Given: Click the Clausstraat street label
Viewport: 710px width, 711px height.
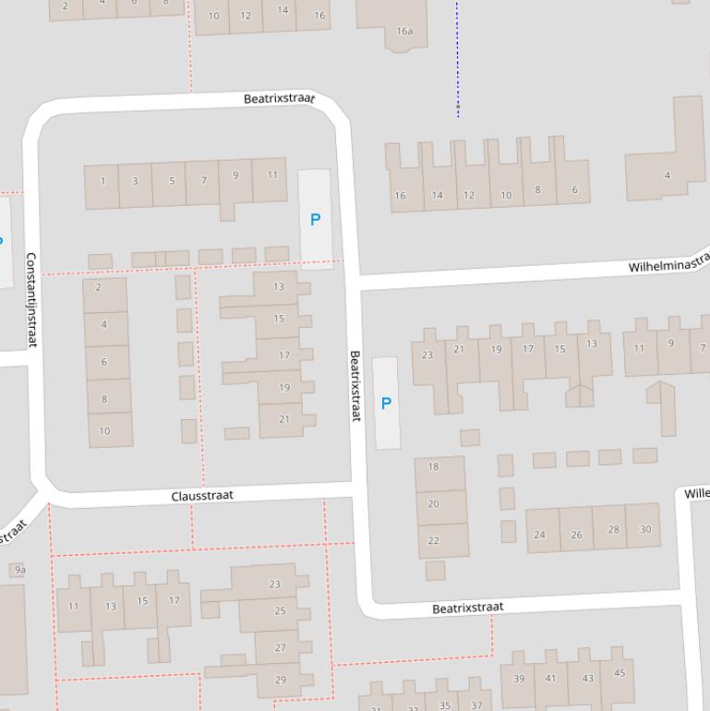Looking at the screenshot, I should pyautogui.click(x=202, y=496).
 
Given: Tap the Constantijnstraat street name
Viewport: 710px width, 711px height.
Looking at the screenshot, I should pyautogui.click(x=30, y=300).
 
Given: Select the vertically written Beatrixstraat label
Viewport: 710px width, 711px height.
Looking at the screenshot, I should pyautogui.click(x=355, y=386).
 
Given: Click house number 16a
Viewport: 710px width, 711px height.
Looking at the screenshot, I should pyautogui.click(x=404, y=30).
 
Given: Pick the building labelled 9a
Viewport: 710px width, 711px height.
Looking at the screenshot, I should pyautogui.click(x=19, y=570).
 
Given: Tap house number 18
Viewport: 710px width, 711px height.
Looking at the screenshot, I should pyautogui.click(x=433, y=466).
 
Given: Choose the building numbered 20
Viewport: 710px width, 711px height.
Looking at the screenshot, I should pyautogui.click(x=433, y=504).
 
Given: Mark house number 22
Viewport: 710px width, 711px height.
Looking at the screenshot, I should pyautogui.click(x=433, y=540).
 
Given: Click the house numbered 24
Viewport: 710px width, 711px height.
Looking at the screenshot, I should pyautogui.click(x=539, y=534).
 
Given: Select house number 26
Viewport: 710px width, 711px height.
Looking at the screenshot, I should pyautogui.click(x=576, y=534).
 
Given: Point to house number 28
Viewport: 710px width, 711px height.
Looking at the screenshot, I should pyautogui.click(x=613, y=529).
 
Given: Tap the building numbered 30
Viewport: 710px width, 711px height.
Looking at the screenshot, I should pyautogui.click(x=644, y=529).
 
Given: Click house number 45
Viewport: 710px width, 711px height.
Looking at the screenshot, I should pyautogui.click(x=619, y=673).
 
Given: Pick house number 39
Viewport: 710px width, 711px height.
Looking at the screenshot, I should pyautogui.click(x=519, y=679).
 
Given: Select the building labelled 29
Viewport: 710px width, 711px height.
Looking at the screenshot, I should pyautogui.click(x=280, y=680).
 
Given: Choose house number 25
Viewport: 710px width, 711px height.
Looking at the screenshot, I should pyautogui.click(x=280, y=610).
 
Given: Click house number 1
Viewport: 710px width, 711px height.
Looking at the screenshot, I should pyautogui.click(x=102, y=181).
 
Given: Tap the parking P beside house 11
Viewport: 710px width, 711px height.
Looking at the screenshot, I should pyautogui.click(x=315, y=220).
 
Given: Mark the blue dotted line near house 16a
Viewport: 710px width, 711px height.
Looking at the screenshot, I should pyautogui.click(x=457, y=55).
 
